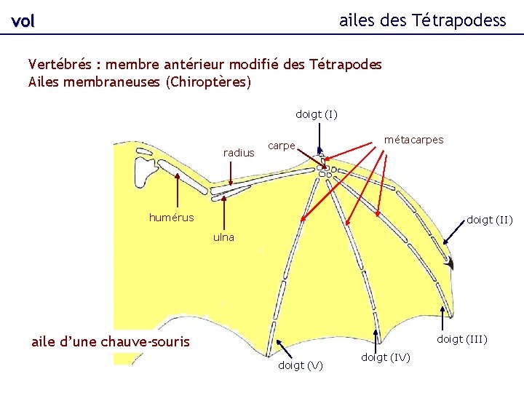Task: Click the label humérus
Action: [x=171, y=217]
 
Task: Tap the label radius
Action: [x=239, y=153]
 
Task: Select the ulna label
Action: [x=223, y=237]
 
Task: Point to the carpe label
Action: [x=281, y=146]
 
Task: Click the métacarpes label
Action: [x=413, y=139]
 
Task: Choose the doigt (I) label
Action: [x=316, y=114]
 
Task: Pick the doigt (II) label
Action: [x=489, y=219]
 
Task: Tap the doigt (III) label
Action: [x=461, y=339]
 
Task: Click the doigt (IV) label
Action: [x=385, y=357]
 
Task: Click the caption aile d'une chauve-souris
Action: [x=110, y=341]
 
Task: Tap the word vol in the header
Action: [x=23, y=22]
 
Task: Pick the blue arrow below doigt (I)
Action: [x=321, y=138]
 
